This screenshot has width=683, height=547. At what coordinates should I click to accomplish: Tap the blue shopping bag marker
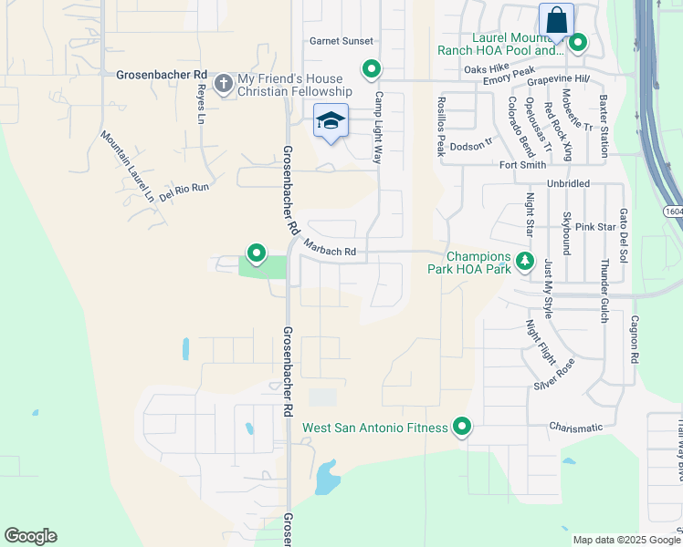click(x=556, y=20)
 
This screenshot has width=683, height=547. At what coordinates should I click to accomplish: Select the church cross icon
click(x=223, y=84)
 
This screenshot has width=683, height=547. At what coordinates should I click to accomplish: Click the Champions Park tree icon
click(x=524, y=262)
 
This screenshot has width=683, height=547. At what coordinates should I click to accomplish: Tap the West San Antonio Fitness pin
click(x=462, y=427)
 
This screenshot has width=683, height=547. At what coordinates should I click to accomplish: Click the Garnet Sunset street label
click(x=341, y=41)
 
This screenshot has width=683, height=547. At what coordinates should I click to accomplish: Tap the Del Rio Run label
click(x=184, y=190)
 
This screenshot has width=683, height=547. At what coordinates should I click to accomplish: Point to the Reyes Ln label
click(x=200, y=104)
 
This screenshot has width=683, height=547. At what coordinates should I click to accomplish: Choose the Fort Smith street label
click(x=522, y=165)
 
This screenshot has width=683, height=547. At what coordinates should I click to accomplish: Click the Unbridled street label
click(x=569, y=183)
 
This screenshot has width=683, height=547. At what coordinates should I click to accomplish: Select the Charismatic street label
click(x=576, y=427)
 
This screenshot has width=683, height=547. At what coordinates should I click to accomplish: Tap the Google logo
click(x=30, y=536)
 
